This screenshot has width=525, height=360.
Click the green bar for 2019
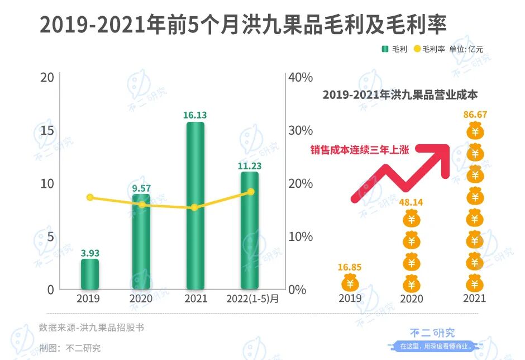click(90, 274)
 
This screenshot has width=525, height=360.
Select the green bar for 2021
click(195, 206)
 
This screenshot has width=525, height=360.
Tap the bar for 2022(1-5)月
click(249, 230)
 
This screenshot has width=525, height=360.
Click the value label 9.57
click(142, 187)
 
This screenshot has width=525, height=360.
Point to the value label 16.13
click(195, 115)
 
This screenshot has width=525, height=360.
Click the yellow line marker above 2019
click(90, 197)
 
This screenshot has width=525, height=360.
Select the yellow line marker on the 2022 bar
click(250, 192)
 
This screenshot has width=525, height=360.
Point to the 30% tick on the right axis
click(300, 130)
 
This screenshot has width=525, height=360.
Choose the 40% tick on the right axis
click(300, 77)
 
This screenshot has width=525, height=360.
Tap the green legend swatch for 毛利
click(385, 49)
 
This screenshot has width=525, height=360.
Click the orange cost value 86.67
click(475, 115)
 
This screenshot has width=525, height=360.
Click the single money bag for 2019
click(350, 283)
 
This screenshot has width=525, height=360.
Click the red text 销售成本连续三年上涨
click(360, 149)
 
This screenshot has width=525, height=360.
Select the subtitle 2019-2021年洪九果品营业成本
click(400, 95)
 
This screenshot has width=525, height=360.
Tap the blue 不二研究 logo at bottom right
click(430, 334)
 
